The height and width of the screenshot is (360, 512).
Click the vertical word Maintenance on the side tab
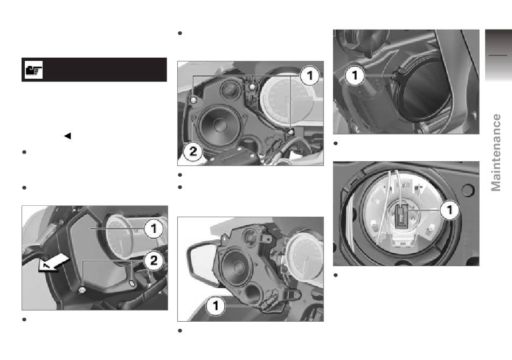(496, 153)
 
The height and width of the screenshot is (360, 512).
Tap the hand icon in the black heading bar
(33, 70)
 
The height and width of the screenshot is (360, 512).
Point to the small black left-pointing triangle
(67, 136)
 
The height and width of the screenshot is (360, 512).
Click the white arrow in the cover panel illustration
(54, 263)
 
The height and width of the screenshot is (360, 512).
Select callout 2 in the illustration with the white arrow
(154, 260)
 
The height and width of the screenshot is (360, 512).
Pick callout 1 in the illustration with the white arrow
(154, 229)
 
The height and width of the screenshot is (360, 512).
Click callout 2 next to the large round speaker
(193, 151)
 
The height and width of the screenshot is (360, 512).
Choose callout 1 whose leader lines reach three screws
(309, 76)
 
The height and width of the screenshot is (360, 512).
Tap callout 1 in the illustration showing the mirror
(216, 306)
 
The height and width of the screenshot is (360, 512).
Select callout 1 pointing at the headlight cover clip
(355, 76)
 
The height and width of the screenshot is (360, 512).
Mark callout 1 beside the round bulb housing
(449, 210)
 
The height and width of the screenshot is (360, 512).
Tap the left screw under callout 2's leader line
(82, 290)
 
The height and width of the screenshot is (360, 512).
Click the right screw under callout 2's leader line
(132, 283)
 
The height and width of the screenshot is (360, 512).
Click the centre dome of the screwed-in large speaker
(219, 124)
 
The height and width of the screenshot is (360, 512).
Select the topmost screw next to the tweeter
(252, 86)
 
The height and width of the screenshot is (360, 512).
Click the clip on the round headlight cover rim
(398, 74)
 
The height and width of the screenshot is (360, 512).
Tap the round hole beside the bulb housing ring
(467, 190)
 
